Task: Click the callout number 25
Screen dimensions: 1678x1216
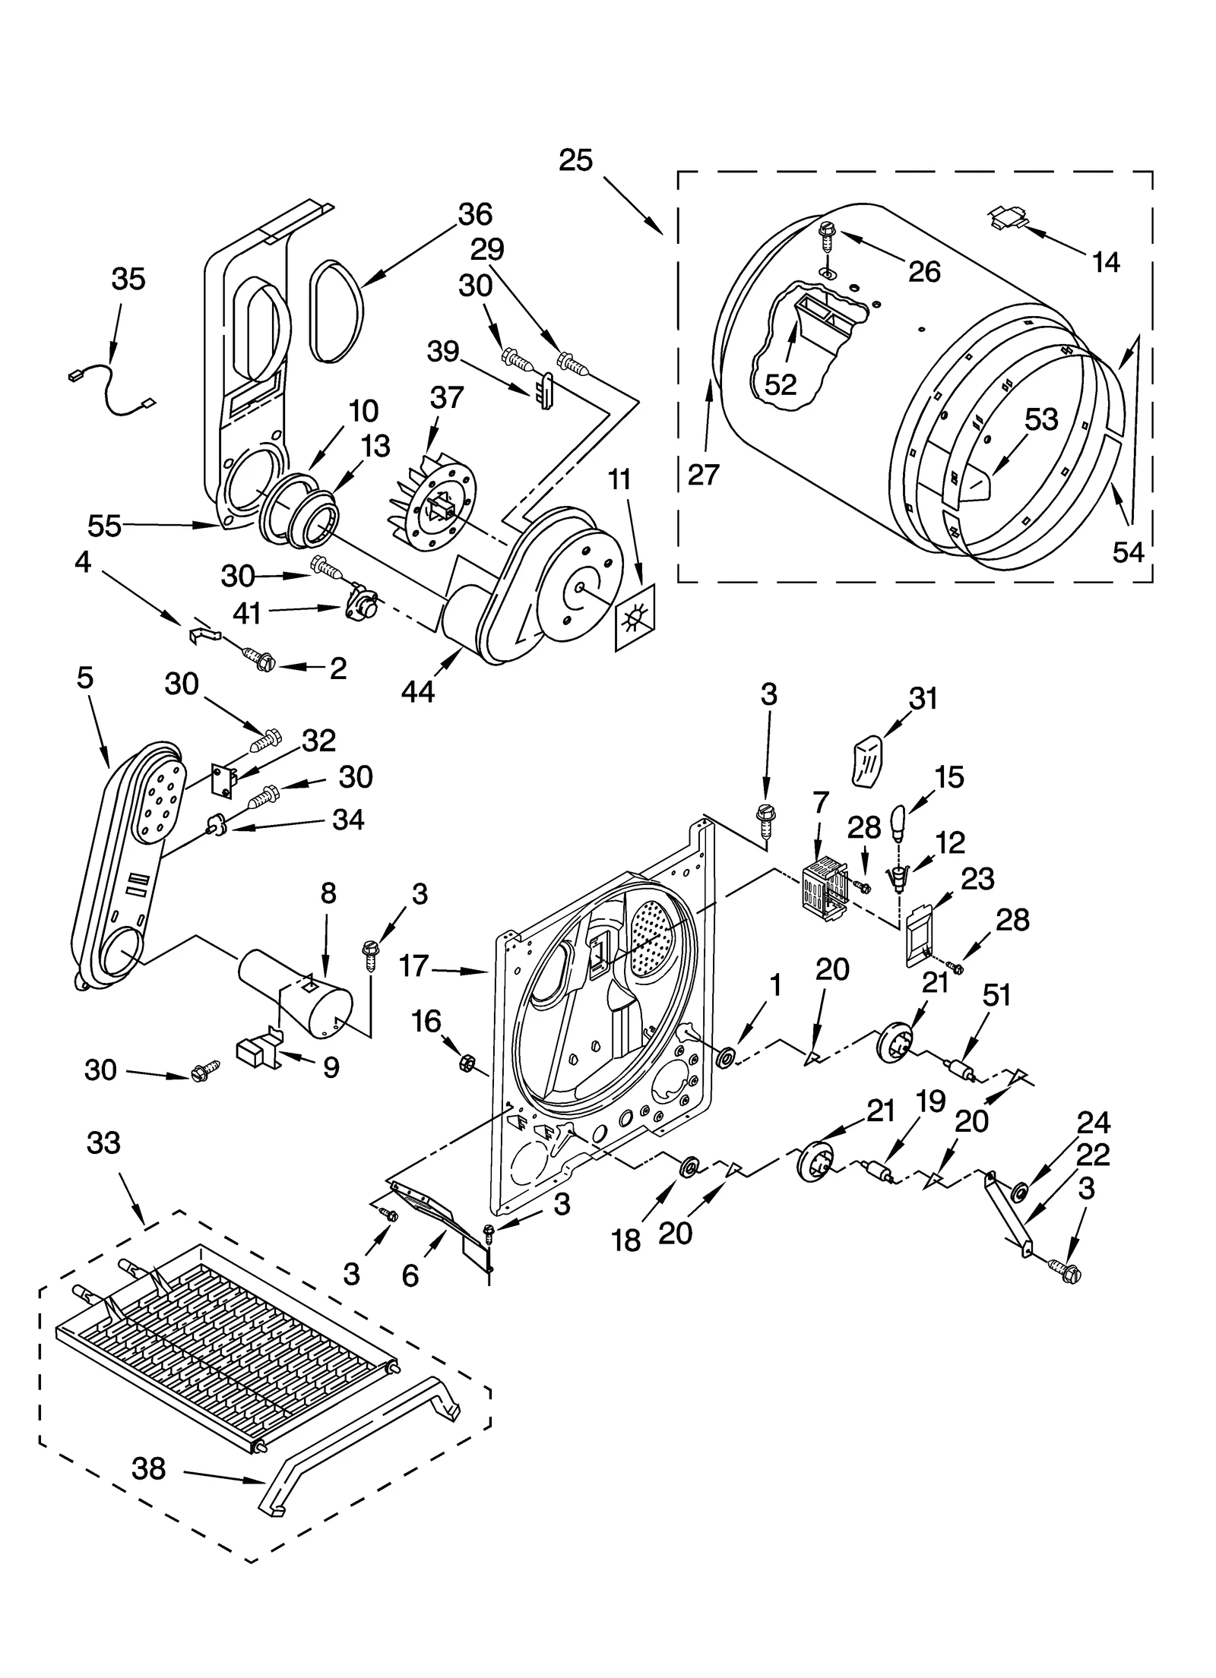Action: click(575, 161)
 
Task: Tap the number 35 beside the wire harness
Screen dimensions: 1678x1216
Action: click(128, 280)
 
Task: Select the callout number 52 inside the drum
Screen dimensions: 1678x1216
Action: click(780, 384)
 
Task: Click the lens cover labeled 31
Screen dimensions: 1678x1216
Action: click(865, 761)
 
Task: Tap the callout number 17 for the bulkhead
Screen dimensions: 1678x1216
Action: click(414, 966)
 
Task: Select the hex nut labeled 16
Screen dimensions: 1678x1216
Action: click(466, 1063)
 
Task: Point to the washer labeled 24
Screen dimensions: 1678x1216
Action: click(1020, 1188)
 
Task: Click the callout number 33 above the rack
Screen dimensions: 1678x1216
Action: click(103, 1142)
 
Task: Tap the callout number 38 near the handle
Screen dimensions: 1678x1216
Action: click(148, 1468)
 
